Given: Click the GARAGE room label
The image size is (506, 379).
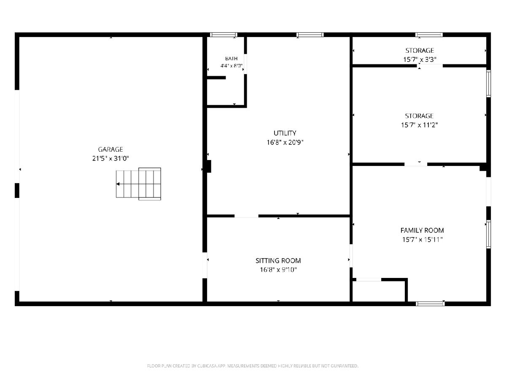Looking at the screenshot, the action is [x=110, y=149].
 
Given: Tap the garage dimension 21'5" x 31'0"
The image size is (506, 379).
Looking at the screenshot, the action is [x=110, y=158].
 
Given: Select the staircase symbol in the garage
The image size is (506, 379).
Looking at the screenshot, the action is [x=138, y=184].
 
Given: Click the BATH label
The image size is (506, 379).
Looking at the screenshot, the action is [x=231, y=59].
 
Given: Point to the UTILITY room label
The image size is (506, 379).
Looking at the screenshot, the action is [x=285, y=133].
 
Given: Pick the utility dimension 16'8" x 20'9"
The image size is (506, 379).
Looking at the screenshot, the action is [x=285, y=142].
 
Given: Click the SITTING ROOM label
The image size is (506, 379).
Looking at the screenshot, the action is [x=278, y=261].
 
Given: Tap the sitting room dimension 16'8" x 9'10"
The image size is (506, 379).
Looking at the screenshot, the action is [x=278, y=270].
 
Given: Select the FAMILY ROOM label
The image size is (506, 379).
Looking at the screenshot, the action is [x=422, y=230].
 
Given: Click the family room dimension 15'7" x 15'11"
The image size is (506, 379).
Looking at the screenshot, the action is [x=422, y=240].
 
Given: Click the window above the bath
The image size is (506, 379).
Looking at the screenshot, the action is [x=223, y=35].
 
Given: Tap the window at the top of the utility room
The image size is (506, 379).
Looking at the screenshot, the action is [x=310, y=35].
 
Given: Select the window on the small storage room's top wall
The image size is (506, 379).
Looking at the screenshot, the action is [x=429, y=35].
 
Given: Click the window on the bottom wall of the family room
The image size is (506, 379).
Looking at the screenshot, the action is [x=431, y=304].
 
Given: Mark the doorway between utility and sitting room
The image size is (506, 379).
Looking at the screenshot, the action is [x=246, y=216].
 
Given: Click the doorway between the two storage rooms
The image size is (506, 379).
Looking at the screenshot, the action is [x=430, y=66].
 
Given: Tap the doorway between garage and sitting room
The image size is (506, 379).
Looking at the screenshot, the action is [x=205, y=265].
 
